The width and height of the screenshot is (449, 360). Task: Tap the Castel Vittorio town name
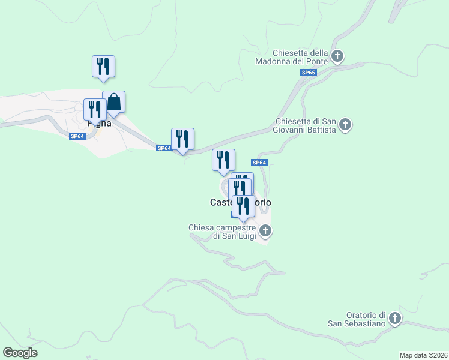240,202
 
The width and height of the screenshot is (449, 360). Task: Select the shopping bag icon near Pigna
114,102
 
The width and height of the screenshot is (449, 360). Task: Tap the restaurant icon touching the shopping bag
95,110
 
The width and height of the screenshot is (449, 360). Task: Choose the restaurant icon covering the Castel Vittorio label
243,206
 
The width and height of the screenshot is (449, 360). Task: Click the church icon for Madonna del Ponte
337,57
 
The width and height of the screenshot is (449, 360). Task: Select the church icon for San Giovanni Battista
345,125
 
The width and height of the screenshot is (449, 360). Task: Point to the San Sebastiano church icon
394,319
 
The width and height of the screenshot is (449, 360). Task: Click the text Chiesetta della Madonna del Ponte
300,57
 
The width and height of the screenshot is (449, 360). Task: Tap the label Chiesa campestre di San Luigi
221,232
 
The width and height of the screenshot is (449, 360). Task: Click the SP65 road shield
308,73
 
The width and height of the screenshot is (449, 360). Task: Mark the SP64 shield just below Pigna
77,136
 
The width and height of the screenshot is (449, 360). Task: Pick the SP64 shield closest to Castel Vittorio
259,163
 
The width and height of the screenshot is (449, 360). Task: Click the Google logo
20,353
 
